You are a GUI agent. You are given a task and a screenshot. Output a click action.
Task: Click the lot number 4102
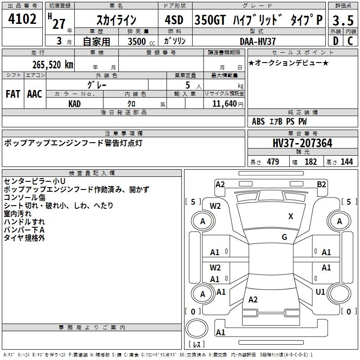click(22, 19)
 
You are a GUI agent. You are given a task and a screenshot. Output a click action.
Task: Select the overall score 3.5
click(343, 20)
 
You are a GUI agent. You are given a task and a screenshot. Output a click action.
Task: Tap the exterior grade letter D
click(336, 41)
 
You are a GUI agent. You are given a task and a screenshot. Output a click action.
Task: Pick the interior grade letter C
click(350, 41)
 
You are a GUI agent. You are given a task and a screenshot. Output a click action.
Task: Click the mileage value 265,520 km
click(53, 64)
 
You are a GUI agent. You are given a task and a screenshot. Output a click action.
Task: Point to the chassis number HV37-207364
click(302, 143)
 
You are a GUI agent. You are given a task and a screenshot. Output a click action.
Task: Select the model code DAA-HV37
click(257, 41)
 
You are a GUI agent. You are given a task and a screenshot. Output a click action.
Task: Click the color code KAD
click(75, 104)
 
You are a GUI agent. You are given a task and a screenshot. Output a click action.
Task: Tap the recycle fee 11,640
click(225, 103)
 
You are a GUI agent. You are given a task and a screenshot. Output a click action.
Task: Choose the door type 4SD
click(174, 20)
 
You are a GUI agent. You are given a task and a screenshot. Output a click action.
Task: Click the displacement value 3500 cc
click(141, 41)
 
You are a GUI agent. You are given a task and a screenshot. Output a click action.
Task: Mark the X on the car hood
click(291, 216)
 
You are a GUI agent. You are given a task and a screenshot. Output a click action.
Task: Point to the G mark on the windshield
click(284, 237)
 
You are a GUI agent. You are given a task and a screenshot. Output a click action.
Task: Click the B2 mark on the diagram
click(321, 184)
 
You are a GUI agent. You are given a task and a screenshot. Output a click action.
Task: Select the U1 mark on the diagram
click(320, 292)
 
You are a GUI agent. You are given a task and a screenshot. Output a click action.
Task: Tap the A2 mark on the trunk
click(253, 299)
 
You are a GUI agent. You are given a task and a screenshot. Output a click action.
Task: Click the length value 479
click(273, 162)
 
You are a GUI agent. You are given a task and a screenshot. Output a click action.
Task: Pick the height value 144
click(346, 162)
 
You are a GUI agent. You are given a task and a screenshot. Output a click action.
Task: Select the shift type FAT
click(13, 94)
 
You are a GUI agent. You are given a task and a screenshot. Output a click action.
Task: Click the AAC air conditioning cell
click(35, 94)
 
